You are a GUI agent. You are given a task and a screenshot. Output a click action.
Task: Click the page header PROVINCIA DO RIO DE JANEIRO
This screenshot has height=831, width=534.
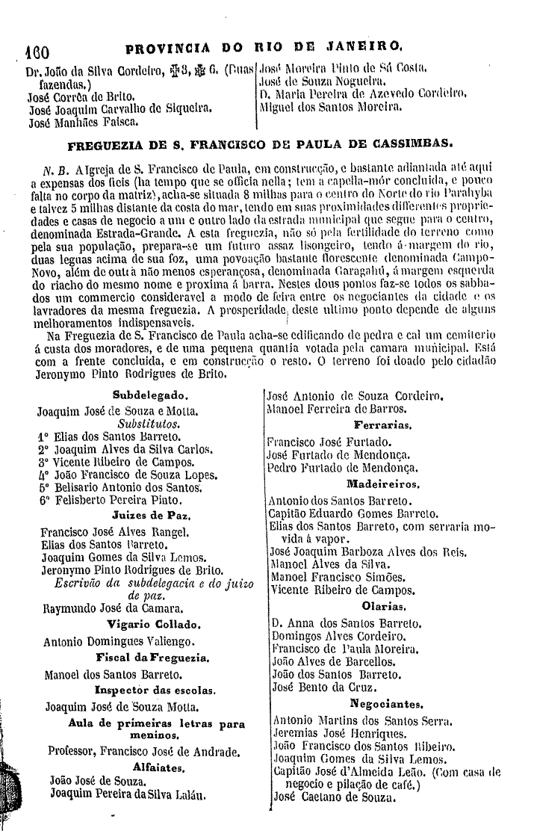coord(265,52)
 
